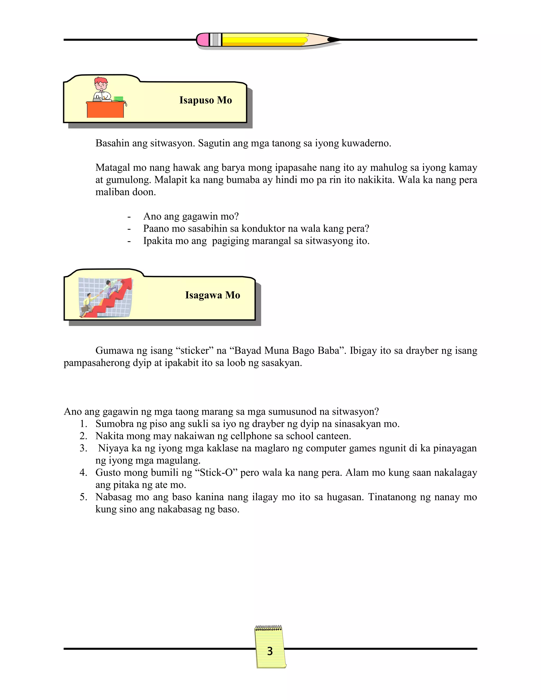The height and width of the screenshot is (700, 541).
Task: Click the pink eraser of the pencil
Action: point(203,40)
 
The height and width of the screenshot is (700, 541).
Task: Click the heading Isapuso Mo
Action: point(206,100)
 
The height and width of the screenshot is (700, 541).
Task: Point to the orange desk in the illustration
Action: point(105,110)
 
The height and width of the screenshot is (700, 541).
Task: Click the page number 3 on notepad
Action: point(270,651)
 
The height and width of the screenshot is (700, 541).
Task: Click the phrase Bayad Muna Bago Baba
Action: point(287,351)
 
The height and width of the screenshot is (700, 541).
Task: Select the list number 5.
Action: point(83,497)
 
